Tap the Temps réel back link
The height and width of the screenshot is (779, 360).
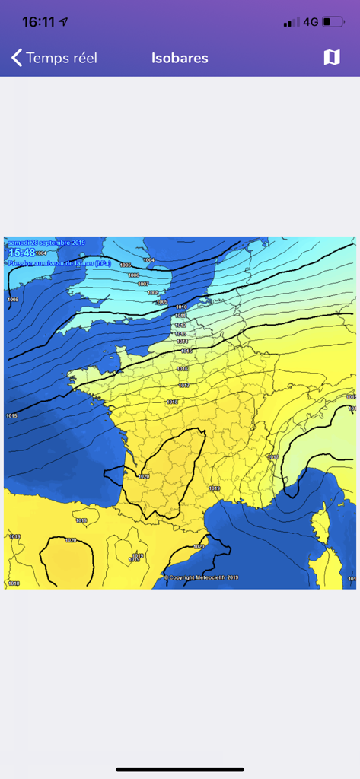[54, 58]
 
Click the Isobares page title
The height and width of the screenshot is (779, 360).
[180, 58]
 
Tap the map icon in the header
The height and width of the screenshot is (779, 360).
[332, 58]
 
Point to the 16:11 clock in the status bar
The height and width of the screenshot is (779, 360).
[38, 22]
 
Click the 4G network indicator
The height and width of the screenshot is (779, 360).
[311, 22]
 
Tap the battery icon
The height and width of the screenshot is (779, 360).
[333, 22]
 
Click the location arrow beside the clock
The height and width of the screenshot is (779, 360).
[63, 22]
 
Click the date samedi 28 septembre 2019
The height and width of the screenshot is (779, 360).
[46, 243]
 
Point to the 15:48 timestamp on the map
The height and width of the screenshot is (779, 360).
[21, 253]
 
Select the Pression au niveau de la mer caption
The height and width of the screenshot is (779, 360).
[59, 263]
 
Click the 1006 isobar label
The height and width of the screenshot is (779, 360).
[134, 275]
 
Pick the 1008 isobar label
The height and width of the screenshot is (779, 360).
[153, 293]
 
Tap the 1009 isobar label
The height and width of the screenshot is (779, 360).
[161, 302]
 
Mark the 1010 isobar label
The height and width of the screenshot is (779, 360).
[180, 307]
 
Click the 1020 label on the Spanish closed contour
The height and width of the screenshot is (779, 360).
[71, 540]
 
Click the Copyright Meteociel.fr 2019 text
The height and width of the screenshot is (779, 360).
[201, 577]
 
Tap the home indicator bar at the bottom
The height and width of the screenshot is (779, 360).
[180, 769]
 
